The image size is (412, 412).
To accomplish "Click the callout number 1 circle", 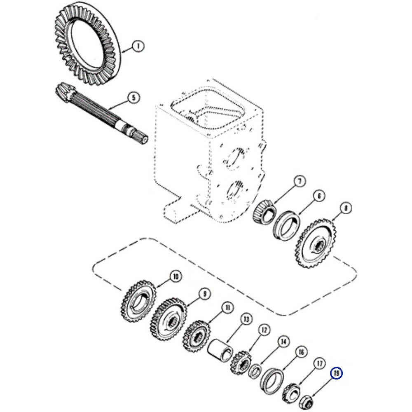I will coord(138,47).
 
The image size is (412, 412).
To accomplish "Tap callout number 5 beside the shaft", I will coord(133,98).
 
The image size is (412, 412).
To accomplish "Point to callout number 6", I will coord(318,197).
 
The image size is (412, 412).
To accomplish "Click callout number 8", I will coord(345,209).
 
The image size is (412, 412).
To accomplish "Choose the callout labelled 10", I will coord(176,276).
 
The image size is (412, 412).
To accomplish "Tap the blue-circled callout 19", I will coord(337,374).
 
